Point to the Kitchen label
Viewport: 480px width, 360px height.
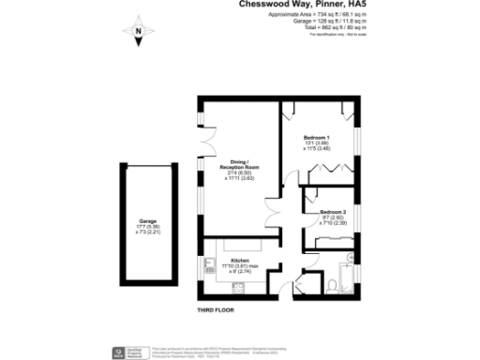pos(239,260)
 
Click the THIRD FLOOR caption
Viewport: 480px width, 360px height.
pos(215,310)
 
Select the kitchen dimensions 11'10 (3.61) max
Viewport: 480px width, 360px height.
pos(239,265)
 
